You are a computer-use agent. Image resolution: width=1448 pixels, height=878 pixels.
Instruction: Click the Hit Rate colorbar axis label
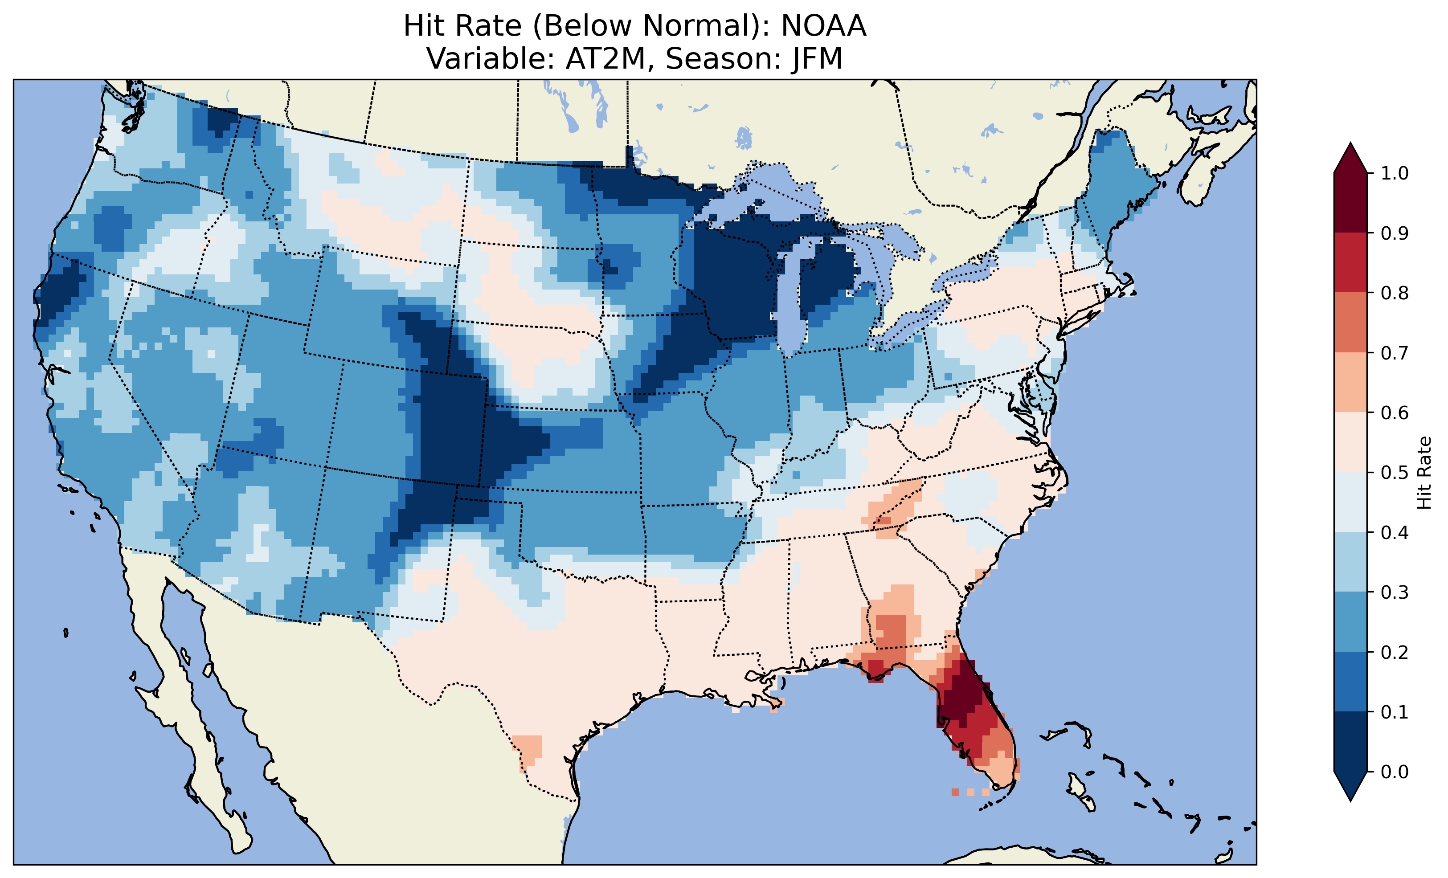[x=1424, y=473]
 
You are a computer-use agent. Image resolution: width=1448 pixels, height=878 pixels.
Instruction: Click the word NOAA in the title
[x=823, y=26]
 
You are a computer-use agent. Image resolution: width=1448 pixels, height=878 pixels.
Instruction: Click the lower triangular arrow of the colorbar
[x=1350, y=786]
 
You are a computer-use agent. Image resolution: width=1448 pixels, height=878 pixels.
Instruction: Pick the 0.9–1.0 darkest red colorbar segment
[x=1350, y=203]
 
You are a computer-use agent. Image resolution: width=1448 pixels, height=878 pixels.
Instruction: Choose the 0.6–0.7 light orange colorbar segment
[x=1350, y=383]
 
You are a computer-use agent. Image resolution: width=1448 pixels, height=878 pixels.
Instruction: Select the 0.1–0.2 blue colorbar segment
[x=1350, y=682]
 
